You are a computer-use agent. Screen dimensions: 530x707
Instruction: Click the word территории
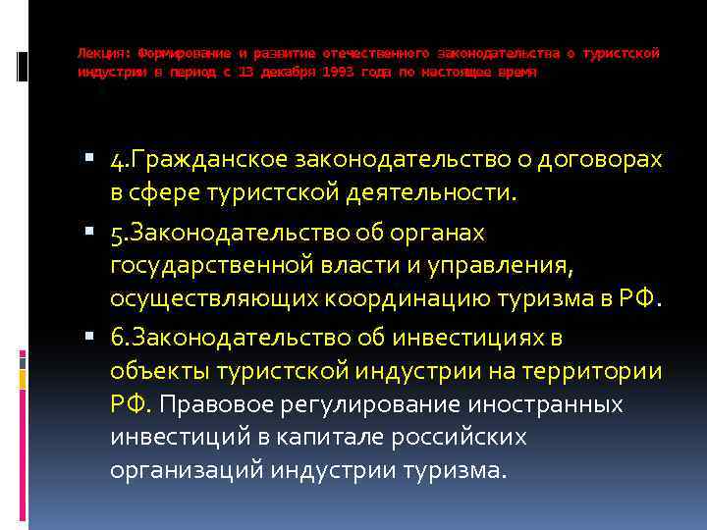[594, 371]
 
